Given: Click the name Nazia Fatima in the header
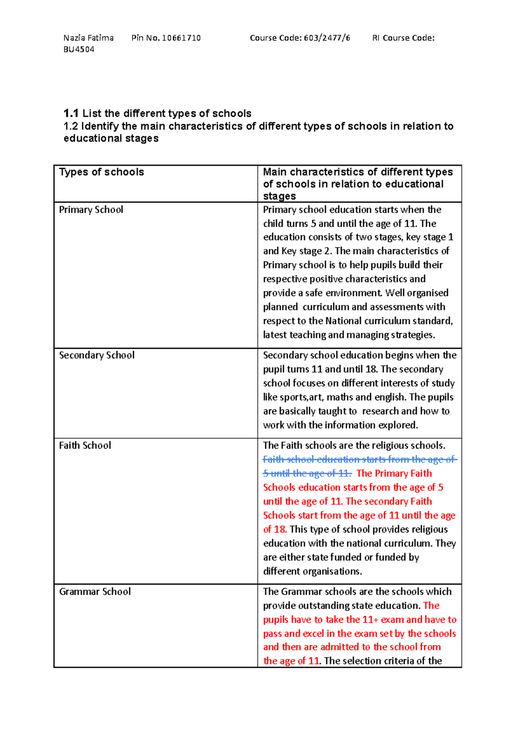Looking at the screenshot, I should coord(88,38).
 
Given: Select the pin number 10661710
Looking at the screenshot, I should coord(181,38).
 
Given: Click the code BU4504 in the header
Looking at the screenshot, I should coord(79,49).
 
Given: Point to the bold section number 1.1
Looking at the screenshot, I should coord(71,113).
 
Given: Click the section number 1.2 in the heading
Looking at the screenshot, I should coord(70,126).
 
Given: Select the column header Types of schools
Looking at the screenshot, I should coord(101,172).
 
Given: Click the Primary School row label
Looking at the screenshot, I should coord(91,210).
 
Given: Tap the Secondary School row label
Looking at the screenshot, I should coord(97,355).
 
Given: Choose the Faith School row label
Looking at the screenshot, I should coord(85,445).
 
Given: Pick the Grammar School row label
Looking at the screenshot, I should coord(95,592).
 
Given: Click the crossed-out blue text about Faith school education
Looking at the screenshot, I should coord(359,459).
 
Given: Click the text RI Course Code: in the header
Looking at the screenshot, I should coord(403,38).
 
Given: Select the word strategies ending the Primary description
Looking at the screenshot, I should coord(413,335).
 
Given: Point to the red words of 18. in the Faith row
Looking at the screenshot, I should coord(275,529).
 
